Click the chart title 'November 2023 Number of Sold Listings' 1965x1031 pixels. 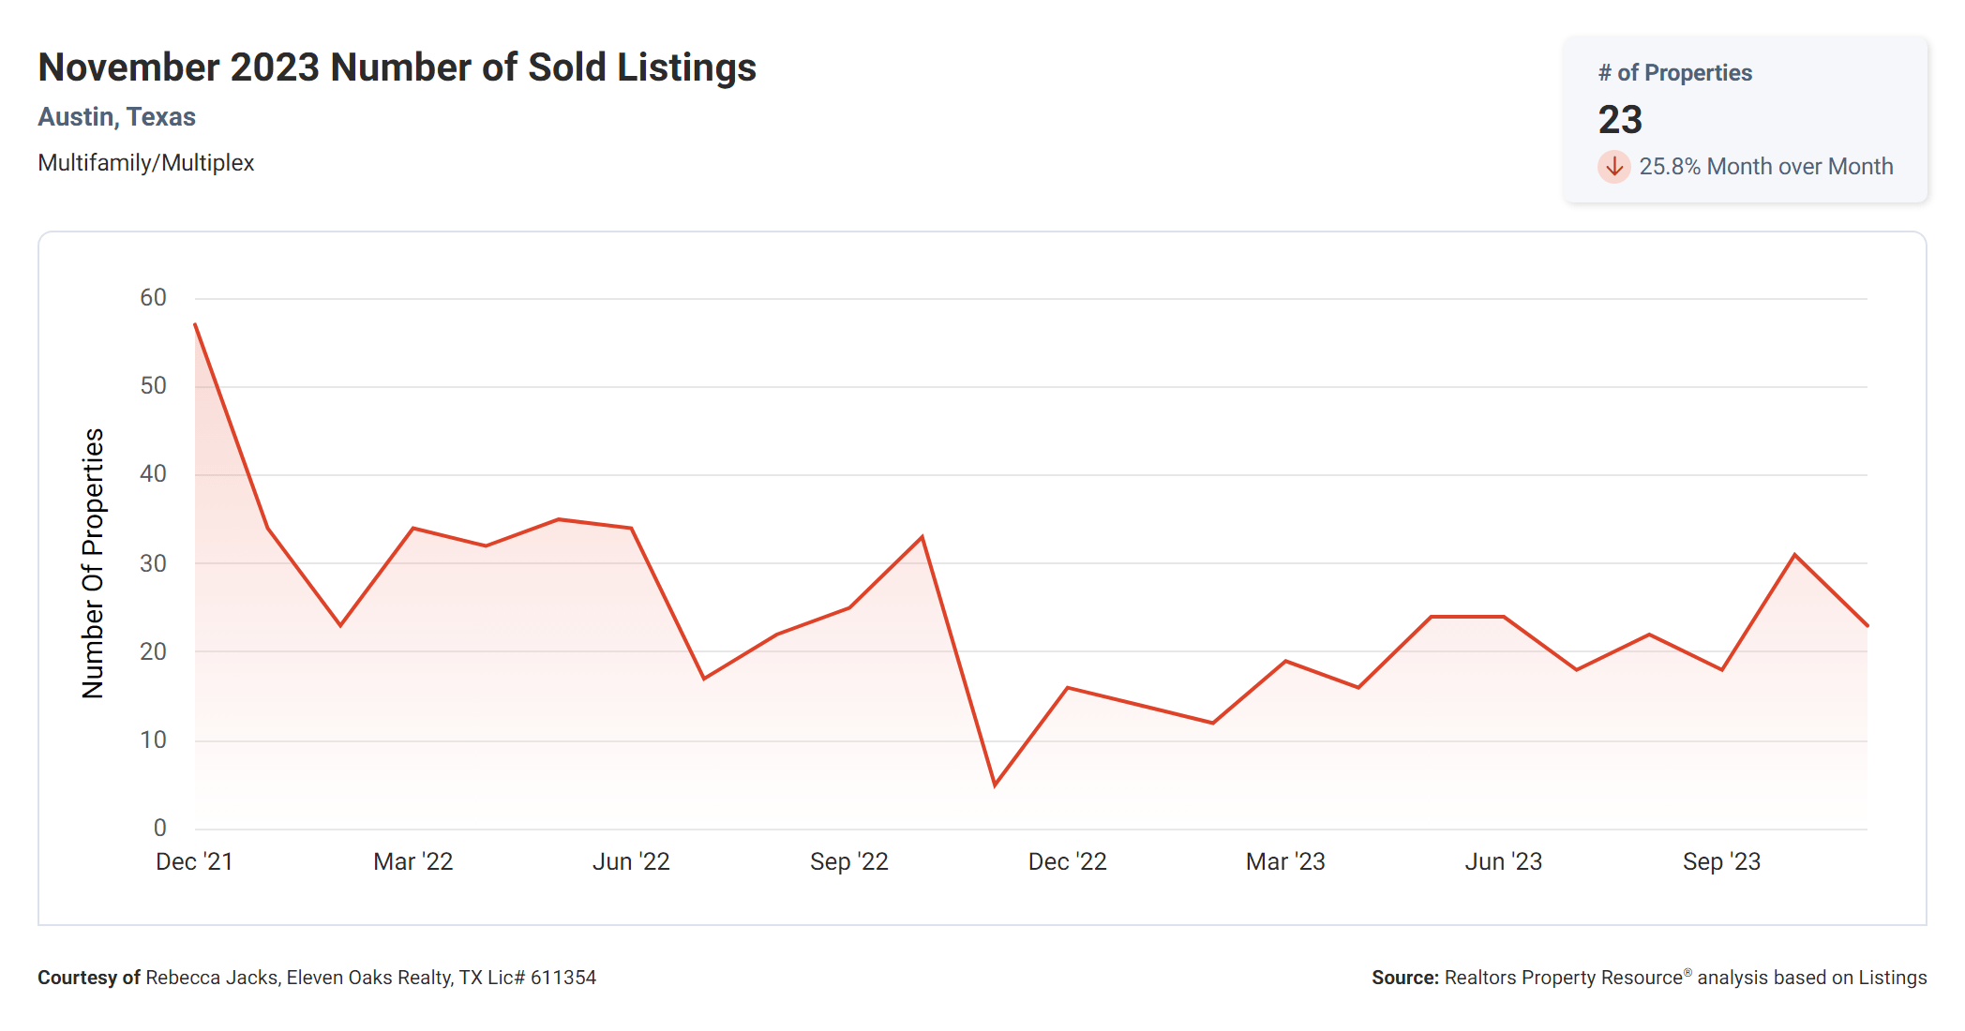tap(397, 67)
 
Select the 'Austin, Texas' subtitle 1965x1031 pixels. tap(116, 117)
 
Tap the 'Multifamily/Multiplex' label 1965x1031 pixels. tap(145, 163)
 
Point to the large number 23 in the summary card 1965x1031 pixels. tap(1620, 120)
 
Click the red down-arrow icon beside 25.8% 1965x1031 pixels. tap(1613, 167)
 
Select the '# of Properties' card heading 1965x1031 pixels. tap(1674, 73)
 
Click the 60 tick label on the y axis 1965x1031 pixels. tap(153, 298)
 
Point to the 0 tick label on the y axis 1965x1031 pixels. tap(159, 828)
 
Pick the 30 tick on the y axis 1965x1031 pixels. tap(153, 563)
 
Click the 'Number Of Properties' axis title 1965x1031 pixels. tap(93, 563)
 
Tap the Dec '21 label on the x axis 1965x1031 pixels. tap(194, 861)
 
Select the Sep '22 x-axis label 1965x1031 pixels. tap(848, 861)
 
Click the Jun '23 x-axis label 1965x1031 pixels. tap(1503, 861)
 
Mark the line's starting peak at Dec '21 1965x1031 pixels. tap(195, 324)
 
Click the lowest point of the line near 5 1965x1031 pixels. tap(995, 785)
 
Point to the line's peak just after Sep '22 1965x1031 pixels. tap(922, 537)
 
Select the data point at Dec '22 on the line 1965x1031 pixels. tap(1068, 688)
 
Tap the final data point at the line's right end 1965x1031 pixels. tap(1867, 625)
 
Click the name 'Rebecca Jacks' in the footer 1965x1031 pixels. tap(211, 978)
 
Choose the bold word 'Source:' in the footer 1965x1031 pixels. tap(1404, 978)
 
